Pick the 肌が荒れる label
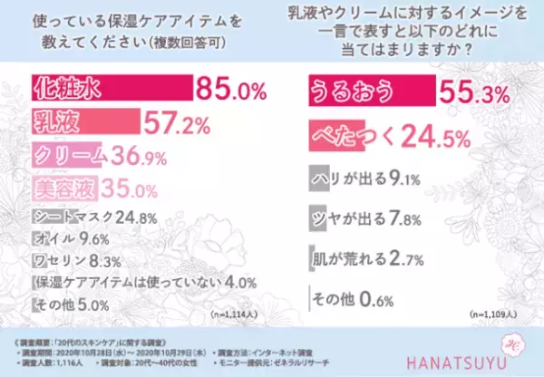tap(348, 258)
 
